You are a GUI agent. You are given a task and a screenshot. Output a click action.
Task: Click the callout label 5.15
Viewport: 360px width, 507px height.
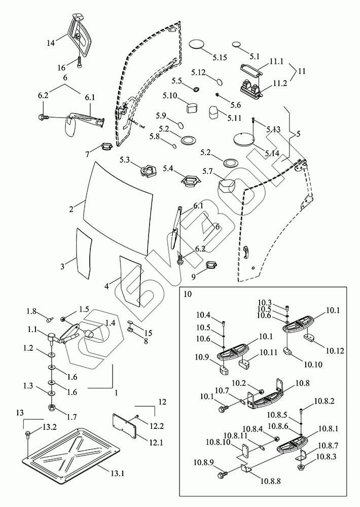(x=219, y=58)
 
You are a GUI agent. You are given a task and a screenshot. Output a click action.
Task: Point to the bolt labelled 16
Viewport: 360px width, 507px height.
(x=80, y=63)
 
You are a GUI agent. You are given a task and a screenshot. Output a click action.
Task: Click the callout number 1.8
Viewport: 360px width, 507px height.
(x=31, y=311)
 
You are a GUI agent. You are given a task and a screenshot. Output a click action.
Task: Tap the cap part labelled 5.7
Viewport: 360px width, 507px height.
(x=227, y=184)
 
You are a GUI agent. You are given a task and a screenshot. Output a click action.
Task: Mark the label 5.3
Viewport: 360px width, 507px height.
(x=125, y=160)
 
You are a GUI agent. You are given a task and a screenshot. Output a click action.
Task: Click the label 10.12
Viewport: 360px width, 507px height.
(x=335, y=350)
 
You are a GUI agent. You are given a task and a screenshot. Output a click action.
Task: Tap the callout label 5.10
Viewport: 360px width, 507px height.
(x=170, y=95)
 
